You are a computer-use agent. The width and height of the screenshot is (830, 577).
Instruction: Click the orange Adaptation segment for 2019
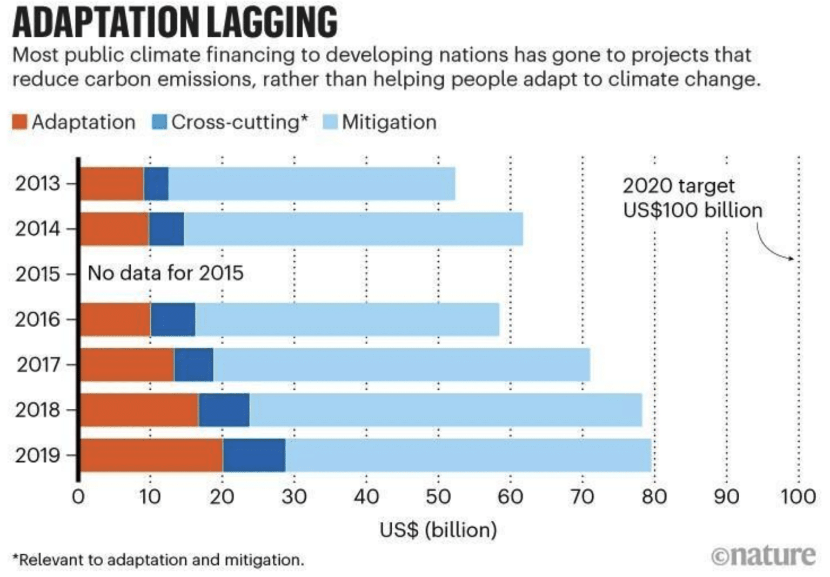point(151,455)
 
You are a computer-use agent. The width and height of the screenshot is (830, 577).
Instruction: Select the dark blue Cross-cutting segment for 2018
point(224,410)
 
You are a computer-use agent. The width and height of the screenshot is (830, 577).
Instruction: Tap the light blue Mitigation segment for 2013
point(312,184)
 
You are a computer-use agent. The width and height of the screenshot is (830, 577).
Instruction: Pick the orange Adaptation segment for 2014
point(115,229)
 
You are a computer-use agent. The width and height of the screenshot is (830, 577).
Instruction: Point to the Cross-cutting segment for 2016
point(173,320)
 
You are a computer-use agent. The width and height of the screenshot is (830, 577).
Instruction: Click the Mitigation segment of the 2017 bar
point(401,365)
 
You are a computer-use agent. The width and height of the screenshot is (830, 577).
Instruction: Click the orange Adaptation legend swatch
point(19,122)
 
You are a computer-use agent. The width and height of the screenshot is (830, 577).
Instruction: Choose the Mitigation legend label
point(389,122)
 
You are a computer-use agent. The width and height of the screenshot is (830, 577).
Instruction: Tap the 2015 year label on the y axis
point(37,274)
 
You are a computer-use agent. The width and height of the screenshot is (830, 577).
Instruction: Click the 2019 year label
point(37,455)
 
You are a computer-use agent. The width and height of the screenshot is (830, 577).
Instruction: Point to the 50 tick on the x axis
point(438,496)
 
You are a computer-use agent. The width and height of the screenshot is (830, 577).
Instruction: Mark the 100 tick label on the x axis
point(798,496)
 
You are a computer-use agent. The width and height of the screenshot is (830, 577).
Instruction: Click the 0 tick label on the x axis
point(78,496)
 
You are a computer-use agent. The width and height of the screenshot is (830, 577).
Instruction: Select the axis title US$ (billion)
point(438,530)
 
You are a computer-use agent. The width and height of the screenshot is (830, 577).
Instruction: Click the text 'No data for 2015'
point(165,273)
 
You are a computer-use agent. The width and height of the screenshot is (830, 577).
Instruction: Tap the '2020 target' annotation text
point(678,186)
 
